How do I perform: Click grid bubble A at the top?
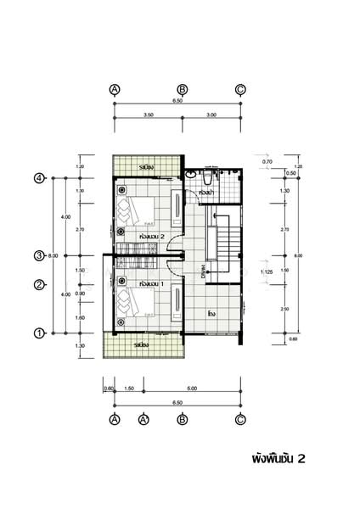pos(115,89)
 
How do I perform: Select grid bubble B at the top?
pos(182,89)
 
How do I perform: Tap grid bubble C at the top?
pos(240,89)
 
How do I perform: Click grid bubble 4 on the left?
pos(39,178)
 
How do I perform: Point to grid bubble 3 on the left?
pos(39,255)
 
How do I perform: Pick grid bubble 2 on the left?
pos(39,284)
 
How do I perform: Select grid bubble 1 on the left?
pos(39,333)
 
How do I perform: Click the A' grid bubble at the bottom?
pos(143,419)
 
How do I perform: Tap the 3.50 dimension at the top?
pos(149,114)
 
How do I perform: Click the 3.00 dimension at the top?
pos(211,114)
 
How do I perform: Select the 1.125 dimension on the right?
pos(265,271)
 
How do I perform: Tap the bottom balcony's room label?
pos(143,345)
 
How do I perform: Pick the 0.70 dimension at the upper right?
pos(267,161)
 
